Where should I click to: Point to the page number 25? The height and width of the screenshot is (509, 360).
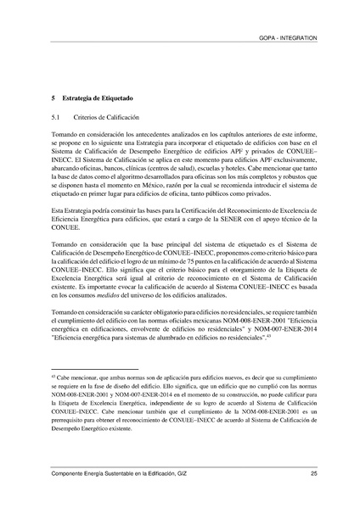(314, 473)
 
